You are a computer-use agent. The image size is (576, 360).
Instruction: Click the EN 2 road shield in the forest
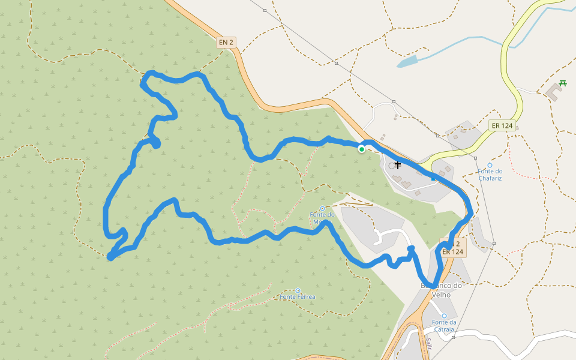(226, 43)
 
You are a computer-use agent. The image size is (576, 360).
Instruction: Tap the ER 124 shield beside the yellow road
(502, 125)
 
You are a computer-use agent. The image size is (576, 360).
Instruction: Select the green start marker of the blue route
(361, 149)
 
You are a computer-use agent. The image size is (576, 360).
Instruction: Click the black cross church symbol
(397, 164)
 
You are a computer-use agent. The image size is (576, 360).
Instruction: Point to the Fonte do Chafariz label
(490, 175)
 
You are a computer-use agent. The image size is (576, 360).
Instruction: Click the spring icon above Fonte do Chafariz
(490, 165)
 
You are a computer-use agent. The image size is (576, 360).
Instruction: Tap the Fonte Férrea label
(297, 297)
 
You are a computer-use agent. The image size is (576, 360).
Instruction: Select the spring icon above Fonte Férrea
(297, 290)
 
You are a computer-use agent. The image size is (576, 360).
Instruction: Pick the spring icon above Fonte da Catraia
(444, 316)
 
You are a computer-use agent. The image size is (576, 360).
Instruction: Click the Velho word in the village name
(441, 295)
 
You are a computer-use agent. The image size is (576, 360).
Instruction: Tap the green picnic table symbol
(562, 83)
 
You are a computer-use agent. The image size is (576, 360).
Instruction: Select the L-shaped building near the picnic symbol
(554, 92)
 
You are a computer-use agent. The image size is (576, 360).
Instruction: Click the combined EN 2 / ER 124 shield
(453, 248)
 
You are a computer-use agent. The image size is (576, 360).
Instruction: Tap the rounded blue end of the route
(411, 248)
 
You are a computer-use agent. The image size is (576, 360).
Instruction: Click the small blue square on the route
(433, 178)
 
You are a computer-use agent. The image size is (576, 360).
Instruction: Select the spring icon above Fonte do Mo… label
(322, 208)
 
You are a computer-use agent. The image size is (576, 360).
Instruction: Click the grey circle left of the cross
(392, 166)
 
